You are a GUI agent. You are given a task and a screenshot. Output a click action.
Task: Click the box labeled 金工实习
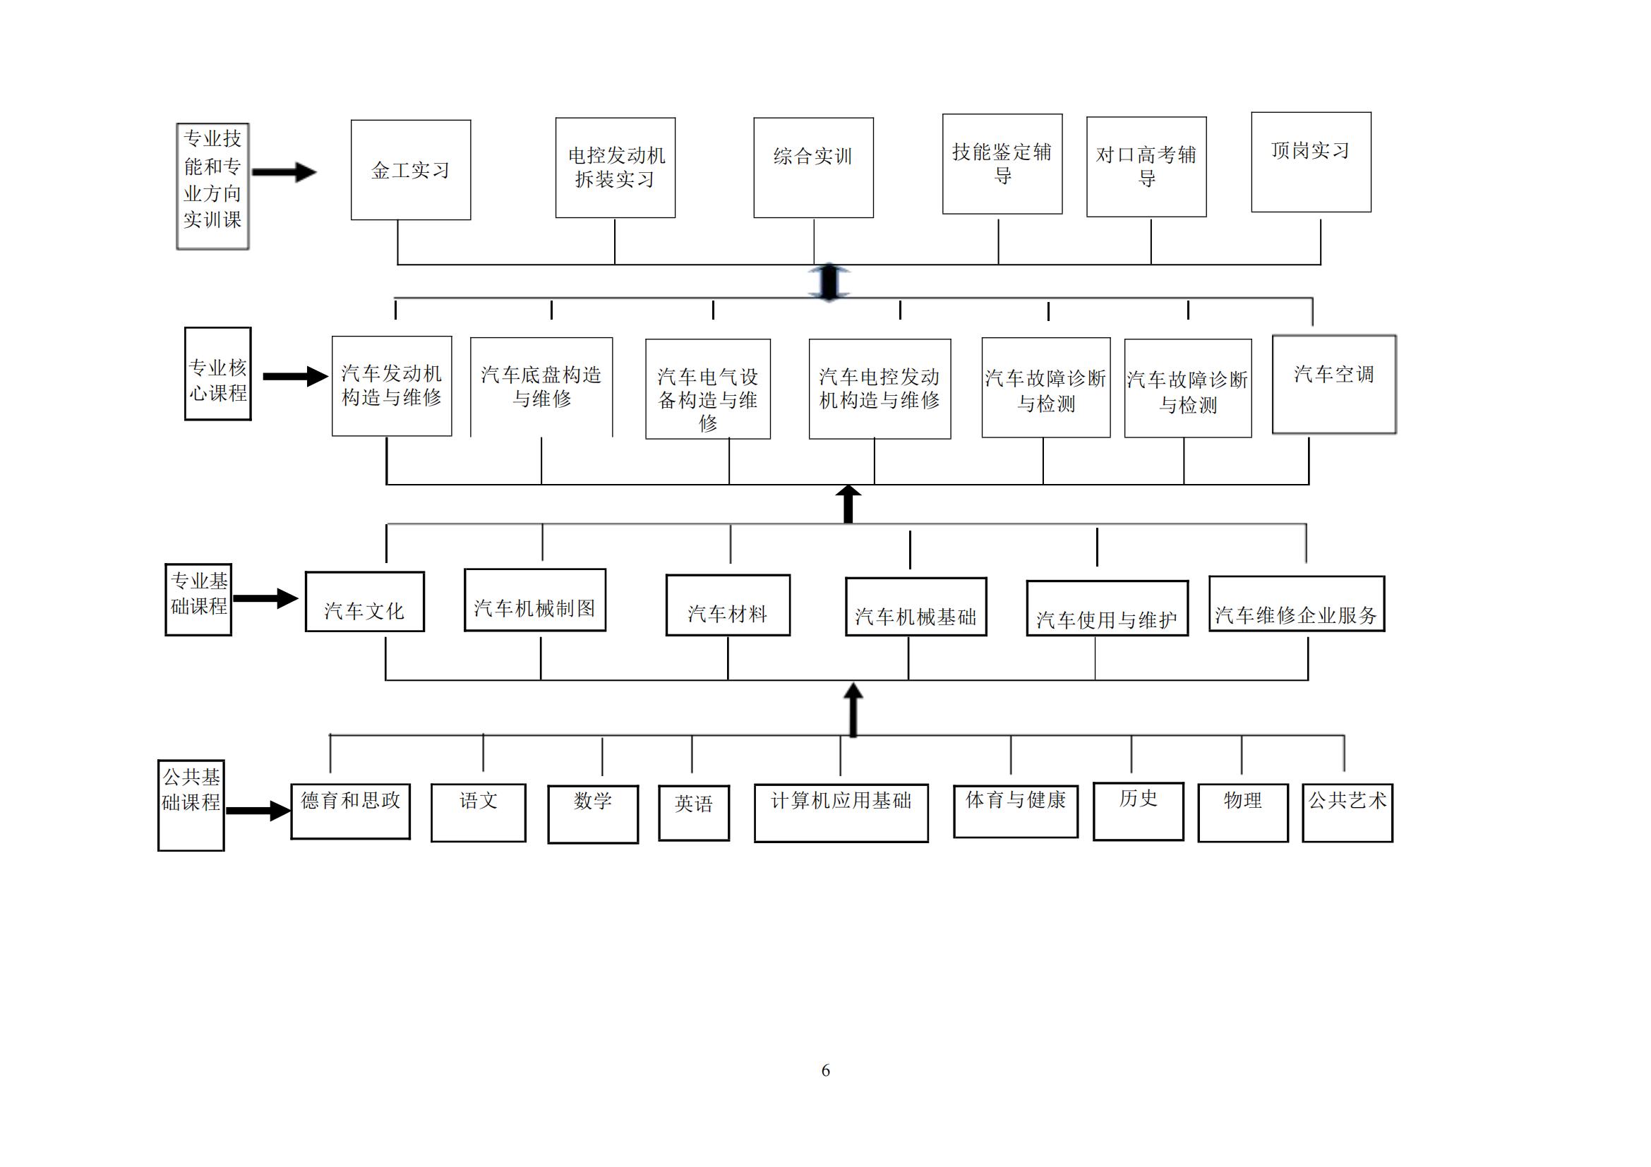point(411,169)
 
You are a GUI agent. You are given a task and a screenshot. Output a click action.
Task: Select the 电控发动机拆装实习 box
point(615,167)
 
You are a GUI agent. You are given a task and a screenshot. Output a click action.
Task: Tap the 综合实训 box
point(813,167)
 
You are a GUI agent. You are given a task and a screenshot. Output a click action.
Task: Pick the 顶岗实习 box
point(1311,162)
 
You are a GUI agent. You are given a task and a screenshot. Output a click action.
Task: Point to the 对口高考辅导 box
point(1146,167)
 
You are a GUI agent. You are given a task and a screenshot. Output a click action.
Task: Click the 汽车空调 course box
point(1334,385)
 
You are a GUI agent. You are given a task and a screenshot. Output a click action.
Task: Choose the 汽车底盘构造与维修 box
point(541,387)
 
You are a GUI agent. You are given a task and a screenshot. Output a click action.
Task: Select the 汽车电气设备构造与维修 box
point(707,389)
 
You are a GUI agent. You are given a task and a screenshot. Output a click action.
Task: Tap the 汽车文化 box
point(364,601)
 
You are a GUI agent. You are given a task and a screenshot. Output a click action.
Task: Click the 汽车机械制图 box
point(535,600)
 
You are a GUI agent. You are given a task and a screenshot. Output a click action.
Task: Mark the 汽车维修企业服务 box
point(1297,604)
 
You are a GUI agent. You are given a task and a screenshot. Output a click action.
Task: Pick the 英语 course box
point(694,813)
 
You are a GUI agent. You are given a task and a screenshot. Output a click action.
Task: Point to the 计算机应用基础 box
point(841,813)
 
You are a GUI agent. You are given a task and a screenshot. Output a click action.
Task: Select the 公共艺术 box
point(1347,813)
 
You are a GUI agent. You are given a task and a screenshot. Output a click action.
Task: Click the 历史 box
point(1139,811)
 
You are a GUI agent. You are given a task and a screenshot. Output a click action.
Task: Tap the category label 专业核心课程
point(218,374)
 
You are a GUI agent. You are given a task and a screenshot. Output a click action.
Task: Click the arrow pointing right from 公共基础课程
point(258,811)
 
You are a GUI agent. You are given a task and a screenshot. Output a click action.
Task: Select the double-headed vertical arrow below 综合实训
point(829,282)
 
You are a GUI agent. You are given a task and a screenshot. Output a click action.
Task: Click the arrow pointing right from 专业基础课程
point(265,598)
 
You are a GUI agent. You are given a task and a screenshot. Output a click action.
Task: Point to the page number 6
point(826,1070)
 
